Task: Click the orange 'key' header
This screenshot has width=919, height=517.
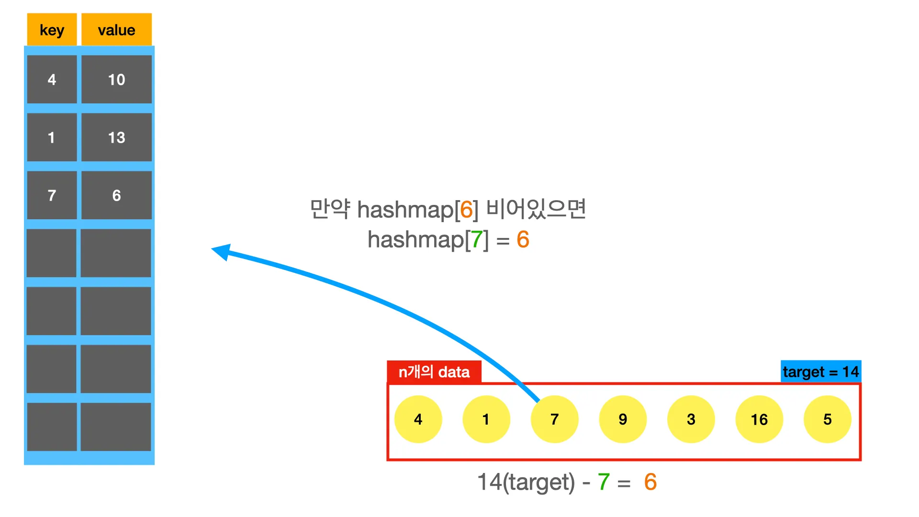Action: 52,30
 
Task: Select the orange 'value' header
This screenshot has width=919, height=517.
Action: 116,30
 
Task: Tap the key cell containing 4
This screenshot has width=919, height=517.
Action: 52,79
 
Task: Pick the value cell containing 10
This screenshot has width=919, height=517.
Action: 116,79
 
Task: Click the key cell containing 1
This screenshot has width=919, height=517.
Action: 52,137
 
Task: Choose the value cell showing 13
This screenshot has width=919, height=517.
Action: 116,137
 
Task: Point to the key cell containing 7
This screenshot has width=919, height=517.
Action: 52,195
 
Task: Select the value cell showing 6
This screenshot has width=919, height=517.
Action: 116,195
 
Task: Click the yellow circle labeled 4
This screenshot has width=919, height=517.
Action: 418,419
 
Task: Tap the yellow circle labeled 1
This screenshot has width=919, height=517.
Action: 486,419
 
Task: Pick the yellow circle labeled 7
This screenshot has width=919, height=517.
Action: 554,419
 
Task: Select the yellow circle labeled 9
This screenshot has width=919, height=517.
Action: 623,419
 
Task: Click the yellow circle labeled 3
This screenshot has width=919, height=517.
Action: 691,419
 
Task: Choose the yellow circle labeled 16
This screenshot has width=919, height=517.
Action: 759,419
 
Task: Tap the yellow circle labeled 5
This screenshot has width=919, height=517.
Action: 827,419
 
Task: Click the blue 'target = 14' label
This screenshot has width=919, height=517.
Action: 820,371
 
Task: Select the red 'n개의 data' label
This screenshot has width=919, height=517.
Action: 434,372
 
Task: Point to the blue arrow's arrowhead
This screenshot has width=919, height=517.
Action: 222,251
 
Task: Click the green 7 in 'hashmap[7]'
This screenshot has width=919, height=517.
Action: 477,239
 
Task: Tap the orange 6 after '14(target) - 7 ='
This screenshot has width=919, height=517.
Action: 650,482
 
